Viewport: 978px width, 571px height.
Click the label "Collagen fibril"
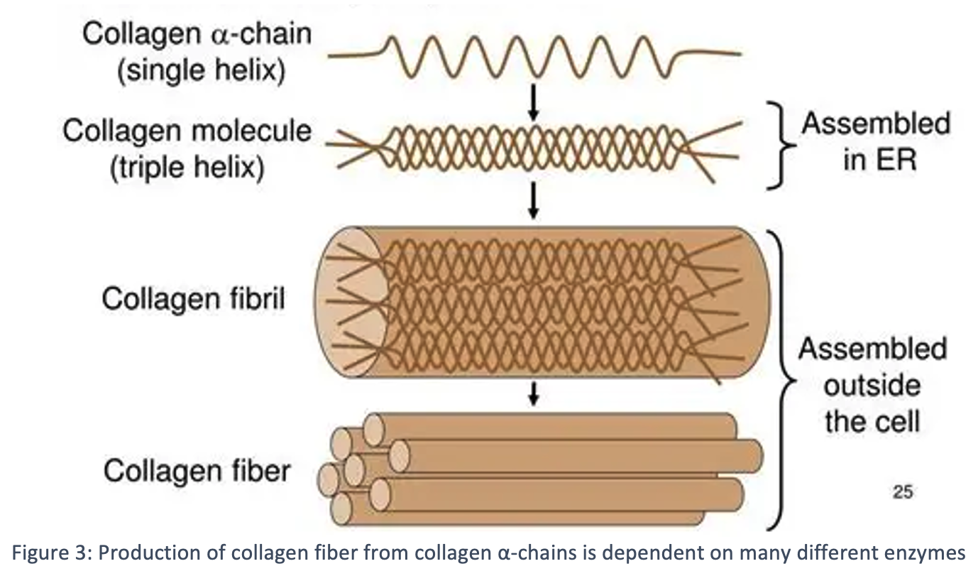[x=194, y=299]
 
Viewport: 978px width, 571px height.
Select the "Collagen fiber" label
[x=197, y=471]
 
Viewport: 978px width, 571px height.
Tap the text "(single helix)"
[x=201, y=71]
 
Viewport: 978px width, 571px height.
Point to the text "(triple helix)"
[x=187, y=168]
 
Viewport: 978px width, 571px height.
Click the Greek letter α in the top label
[x=221, y=36]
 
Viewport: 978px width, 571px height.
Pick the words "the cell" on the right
[x=872, y=422]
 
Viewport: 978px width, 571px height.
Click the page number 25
[x=903, y=492]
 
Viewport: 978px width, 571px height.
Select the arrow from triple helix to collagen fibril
[x=533, y=200]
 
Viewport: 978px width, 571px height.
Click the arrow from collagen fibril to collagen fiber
[x=533, y=394]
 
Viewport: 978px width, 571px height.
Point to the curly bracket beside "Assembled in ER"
[x=781, y=146]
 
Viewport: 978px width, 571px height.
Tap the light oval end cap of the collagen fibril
[x=352, y=302]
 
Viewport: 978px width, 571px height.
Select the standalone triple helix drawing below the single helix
[x=534, y=148]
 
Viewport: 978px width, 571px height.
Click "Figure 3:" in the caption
[x=52, y=553]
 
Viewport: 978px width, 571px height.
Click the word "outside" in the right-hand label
[x=872, y=386]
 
